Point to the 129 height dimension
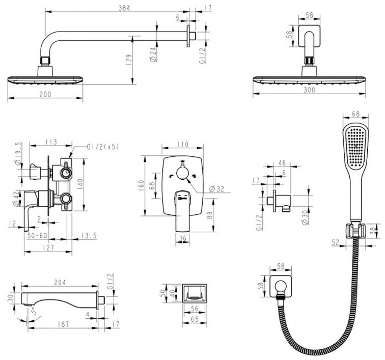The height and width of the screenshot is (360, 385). tap(129, 59)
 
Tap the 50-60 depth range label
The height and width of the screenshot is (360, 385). tap(37, 236)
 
